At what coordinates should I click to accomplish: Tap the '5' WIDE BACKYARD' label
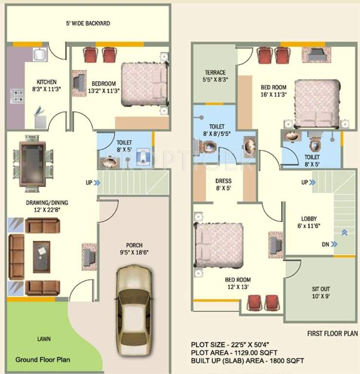[88, 23]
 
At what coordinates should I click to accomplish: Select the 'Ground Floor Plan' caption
[42, 360]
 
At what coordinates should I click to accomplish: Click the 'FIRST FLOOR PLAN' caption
[333, 334]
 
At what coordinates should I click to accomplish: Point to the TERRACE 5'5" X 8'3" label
[215, 75]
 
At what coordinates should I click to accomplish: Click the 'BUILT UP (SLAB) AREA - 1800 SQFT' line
[247, 361]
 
